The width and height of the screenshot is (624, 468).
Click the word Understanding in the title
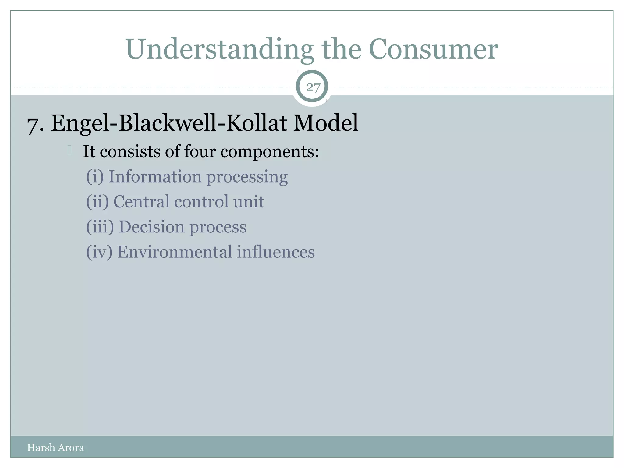click(219, 49)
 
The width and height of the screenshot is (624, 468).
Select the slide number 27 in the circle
click(313, 87)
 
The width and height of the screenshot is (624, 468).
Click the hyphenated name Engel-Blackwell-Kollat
click(169, 123)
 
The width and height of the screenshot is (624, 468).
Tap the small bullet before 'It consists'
click(69, 150)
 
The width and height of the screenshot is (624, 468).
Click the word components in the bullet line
click(269, 152)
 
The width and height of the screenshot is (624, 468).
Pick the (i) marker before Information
click(95, 177)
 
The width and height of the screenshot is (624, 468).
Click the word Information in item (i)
click(155, 177)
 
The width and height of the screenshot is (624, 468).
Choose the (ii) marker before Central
click(97, 202)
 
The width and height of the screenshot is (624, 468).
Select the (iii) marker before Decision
click(100, 227)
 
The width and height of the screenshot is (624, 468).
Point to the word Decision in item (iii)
click(151, 227)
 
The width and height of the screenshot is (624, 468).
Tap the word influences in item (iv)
click(276, 252)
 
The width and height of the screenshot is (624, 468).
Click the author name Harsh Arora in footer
click(55, 447)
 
